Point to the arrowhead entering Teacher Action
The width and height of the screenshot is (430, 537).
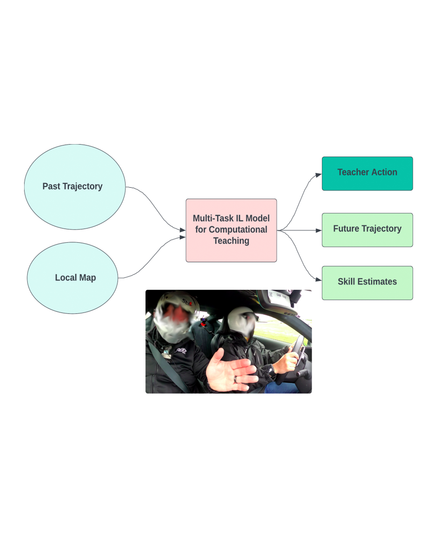tap(319, 175)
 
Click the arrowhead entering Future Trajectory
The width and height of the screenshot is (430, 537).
tap(319, 230)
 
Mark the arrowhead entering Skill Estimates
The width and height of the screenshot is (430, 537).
tap(319, 280)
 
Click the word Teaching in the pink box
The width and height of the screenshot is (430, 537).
tap(231, 241)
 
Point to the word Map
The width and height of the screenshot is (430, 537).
tap(88, 278)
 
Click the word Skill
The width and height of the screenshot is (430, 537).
tap(346, 282)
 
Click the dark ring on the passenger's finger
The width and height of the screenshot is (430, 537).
tap(236, 379)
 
